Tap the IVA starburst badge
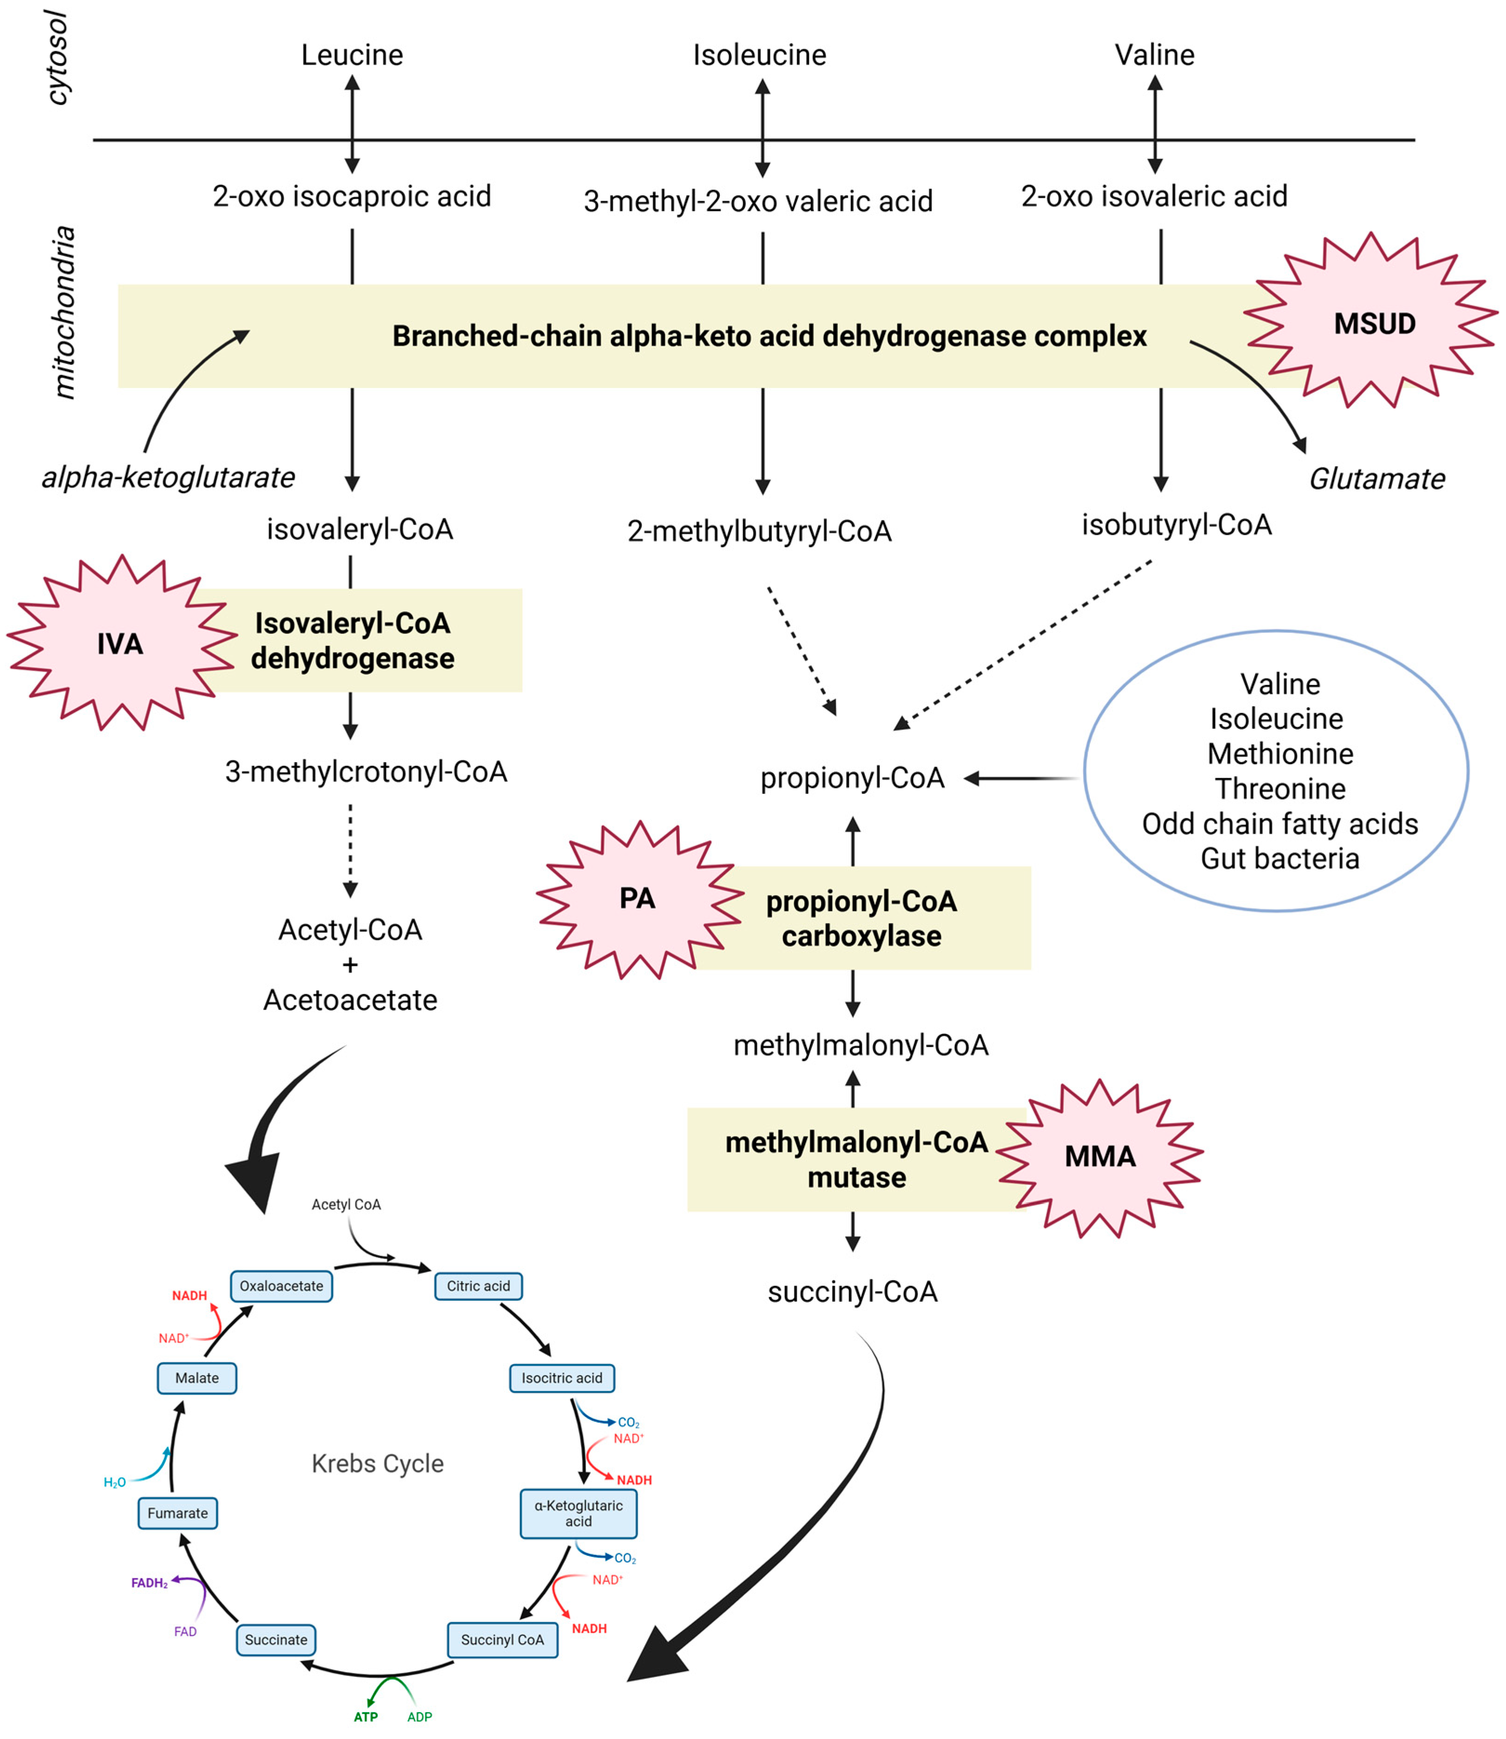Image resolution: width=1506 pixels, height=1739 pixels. point(120,644)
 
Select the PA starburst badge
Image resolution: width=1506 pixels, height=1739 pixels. point(637,898)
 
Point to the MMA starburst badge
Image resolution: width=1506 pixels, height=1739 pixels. point(1099,1157)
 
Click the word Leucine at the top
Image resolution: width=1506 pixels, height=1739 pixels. point(352,55)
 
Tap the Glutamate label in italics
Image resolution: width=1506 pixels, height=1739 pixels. point(1376,479)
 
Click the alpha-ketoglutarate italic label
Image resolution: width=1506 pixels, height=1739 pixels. point(168,477)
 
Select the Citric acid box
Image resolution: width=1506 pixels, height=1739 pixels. point(478,1286)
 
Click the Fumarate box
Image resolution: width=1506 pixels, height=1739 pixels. point(178,1513)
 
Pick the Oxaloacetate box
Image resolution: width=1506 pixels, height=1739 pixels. point(282,1286)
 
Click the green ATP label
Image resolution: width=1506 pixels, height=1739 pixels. point(366,1716)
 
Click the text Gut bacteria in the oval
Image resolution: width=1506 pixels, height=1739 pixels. point(1279,858)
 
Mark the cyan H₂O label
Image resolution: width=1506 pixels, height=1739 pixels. point(114,1482)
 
